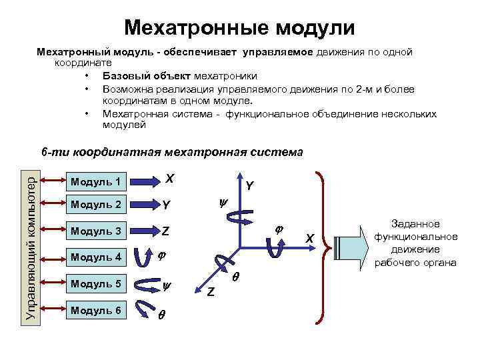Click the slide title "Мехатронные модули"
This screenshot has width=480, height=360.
point(239,27)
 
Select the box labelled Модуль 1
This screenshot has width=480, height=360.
point(97,181)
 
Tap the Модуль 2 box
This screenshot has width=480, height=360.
point(97,205)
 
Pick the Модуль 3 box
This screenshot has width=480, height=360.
point(97,231)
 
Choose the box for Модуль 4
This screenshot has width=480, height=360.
point(97,257)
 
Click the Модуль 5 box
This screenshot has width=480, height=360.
point(97,283)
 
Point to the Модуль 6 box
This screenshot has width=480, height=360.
point(97,310)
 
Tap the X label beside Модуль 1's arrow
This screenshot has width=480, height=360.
point(170,179)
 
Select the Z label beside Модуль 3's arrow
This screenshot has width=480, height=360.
point(167,232)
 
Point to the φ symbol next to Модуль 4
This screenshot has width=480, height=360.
point(161,256)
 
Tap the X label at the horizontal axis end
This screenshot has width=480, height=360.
point(309,238)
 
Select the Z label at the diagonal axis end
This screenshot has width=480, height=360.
point(211,291)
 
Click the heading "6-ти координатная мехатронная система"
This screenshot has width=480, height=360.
point(172,152)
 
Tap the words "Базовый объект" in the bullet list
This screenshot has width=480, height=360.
point(139,76)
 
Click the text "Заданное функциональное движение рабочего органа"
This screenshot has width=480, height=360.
point(415,243)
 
